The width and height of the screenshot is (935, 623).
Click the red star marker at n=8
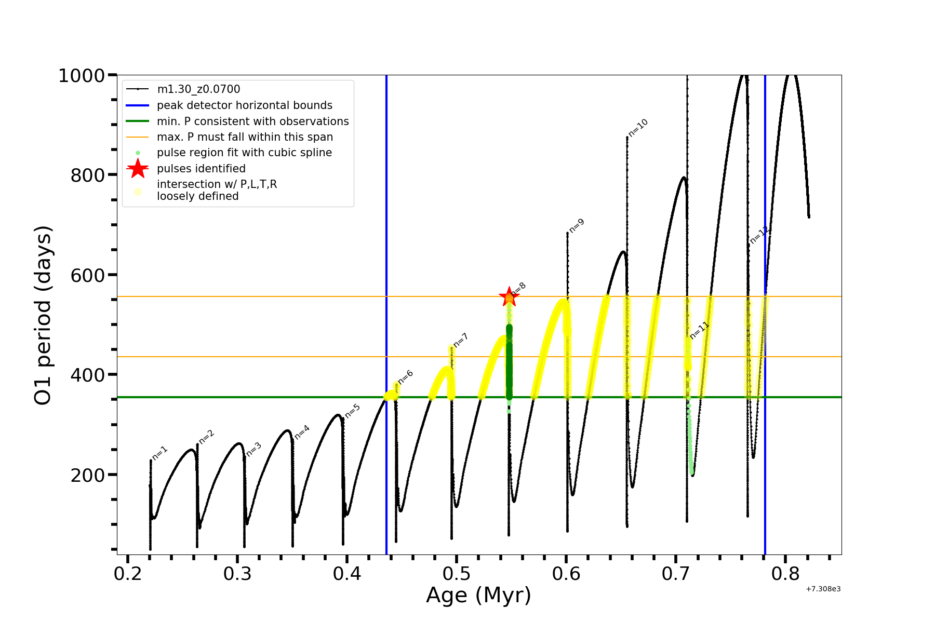pyautogui.click(x=509, y=297)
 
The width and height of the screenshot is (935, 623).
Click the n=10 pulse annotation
pyautogui.click(x=638, y=128)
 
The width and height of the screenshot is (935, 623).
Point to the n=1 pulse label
pyautogui.click(x=159, y=453)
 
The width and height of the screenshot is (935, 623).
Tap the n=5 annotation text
pyautogui.click(x=352, y=411)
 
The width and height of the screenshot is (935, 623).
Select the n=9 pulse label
pyautogui.click(x=577, y=225)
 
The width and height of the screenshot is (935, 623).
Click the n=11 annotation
pyautogui.click(x=699, y=330)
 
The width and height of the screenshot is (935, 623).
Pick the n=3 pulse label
pyautogui.click(x=253, y=449)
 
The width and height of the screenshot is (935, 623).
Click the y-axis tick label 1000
pyautogui.click(x=82, y=76)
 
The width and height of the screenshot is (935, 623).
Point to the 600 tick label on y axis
pyautogui.click(x=88, y=275)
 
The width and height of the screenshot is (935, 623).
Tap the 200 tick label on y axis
pyautogui.click(x=88, y=475)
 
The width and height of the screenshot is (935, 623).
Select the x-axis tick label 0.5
pyautogui.click(x=457, y=574)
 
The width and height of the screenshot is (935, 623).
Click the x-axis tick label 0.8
pyautogui.click(x=785, y=574)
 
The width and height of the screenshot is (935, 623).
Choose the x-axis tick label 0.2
pyautogui.click(x=128, y=574)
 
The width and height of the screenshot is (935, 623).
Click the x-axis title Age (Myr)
pyautogui.click(x=478, y=595)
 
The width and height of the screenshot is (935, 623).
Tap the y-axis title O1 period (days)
pyautogui.click(x=43, y=315)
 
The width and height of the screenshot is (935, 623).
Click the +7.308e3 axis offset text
pyautogui.click(x=823, y=589)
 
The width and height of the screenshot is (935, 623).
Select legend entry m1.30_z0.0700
pyautogui.click(x=198, y=89)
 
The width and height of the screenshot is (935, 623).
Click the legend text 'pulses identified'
pyautogui.click(x=201, y=169)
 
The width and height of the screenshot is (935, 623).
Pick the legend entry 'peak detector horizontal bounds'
pyautogui.click(x=244, y=105)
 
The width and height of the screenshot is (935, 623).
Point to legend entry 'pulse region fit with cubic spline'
pyautogui.click(x=244, y=153)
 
